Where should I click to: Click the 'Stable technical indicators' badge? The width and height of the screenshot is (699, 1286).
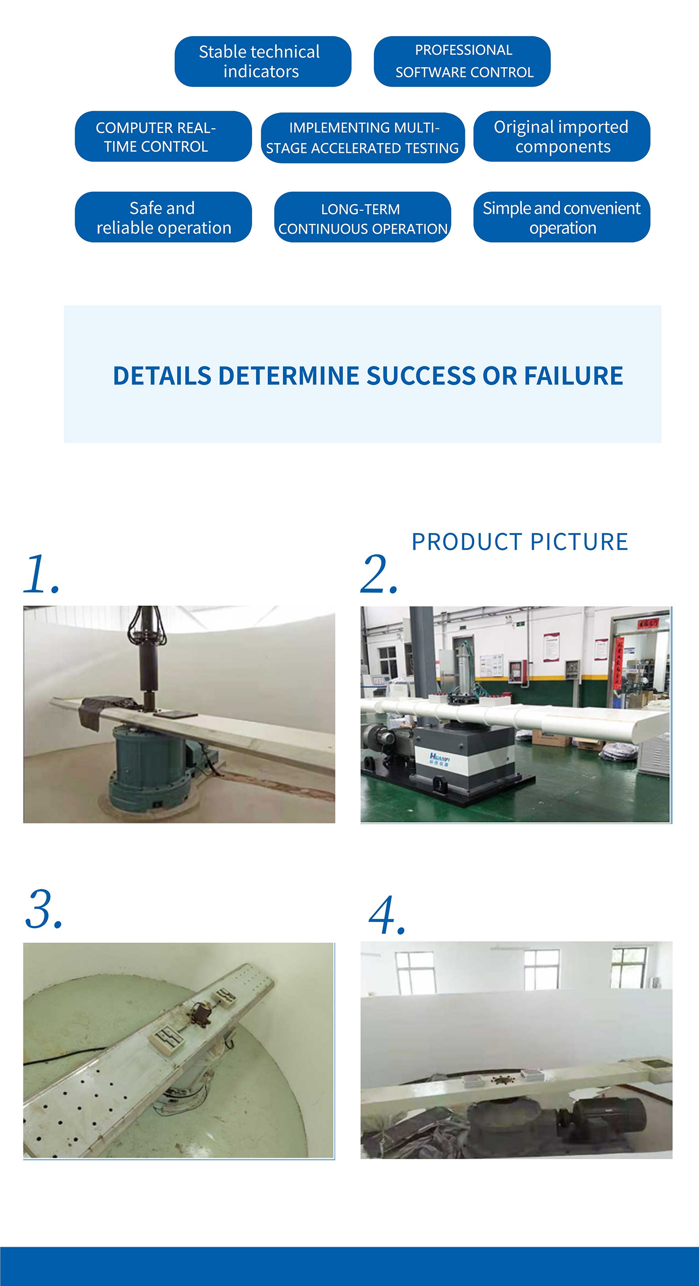click(263, 61)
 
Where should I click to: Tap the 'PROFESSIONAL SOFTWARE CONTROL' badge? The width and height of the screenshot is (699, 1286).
click(462, 61)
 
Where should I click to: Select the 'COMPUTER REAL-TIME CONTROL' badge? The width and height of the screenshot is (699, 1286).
click(163, 136)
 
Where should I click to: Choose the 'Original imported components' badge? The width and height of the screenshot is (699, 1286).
click(561, 136)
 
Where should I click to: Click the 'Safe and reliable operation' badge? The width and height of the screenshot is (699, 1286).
click(163, 217)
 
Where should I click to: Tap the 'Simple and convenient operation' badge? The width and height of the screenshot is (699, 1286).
click(561, 217)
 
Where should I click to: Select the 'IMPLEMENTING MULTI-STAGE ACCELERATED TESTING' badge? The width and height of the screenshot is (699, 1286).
click(362, 137)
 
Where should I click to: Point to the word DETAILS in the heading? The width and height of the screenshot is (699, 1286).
click(162, 375)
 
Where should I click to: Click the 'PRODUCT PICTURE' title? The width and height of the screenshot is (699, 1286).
click(519, 542)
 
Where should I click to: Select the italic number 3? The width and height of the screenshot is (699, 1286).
click(43, 910)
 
